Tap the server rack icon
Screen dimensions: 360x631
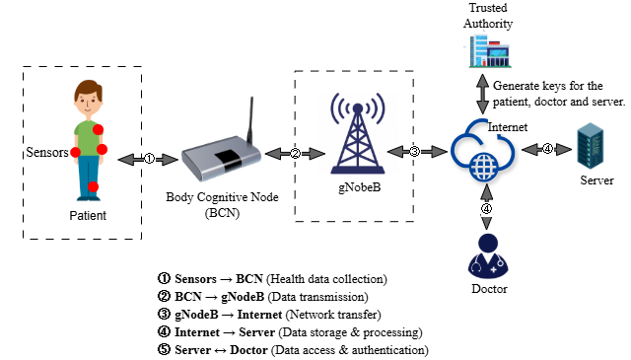(x=591, y=147)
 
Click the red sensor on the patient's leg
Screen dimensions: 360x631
(x=93, y=186)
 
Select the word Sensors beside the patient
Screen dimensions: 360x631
(x=46, y=154)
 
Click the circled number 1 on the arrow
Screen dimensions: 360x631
(x=149, y=158)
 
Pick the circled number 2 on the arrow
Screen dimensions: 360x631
(x=295, y=152)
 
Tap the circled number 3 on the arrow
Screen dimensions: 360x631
(x=414, y=151)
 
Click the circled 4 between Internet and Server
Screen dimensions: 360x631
(x=547, y=149)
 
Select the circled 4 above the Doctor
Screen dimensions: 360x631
(x=484, y=209)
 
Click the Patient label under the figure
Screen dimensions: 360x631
(x=87, y=215)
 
